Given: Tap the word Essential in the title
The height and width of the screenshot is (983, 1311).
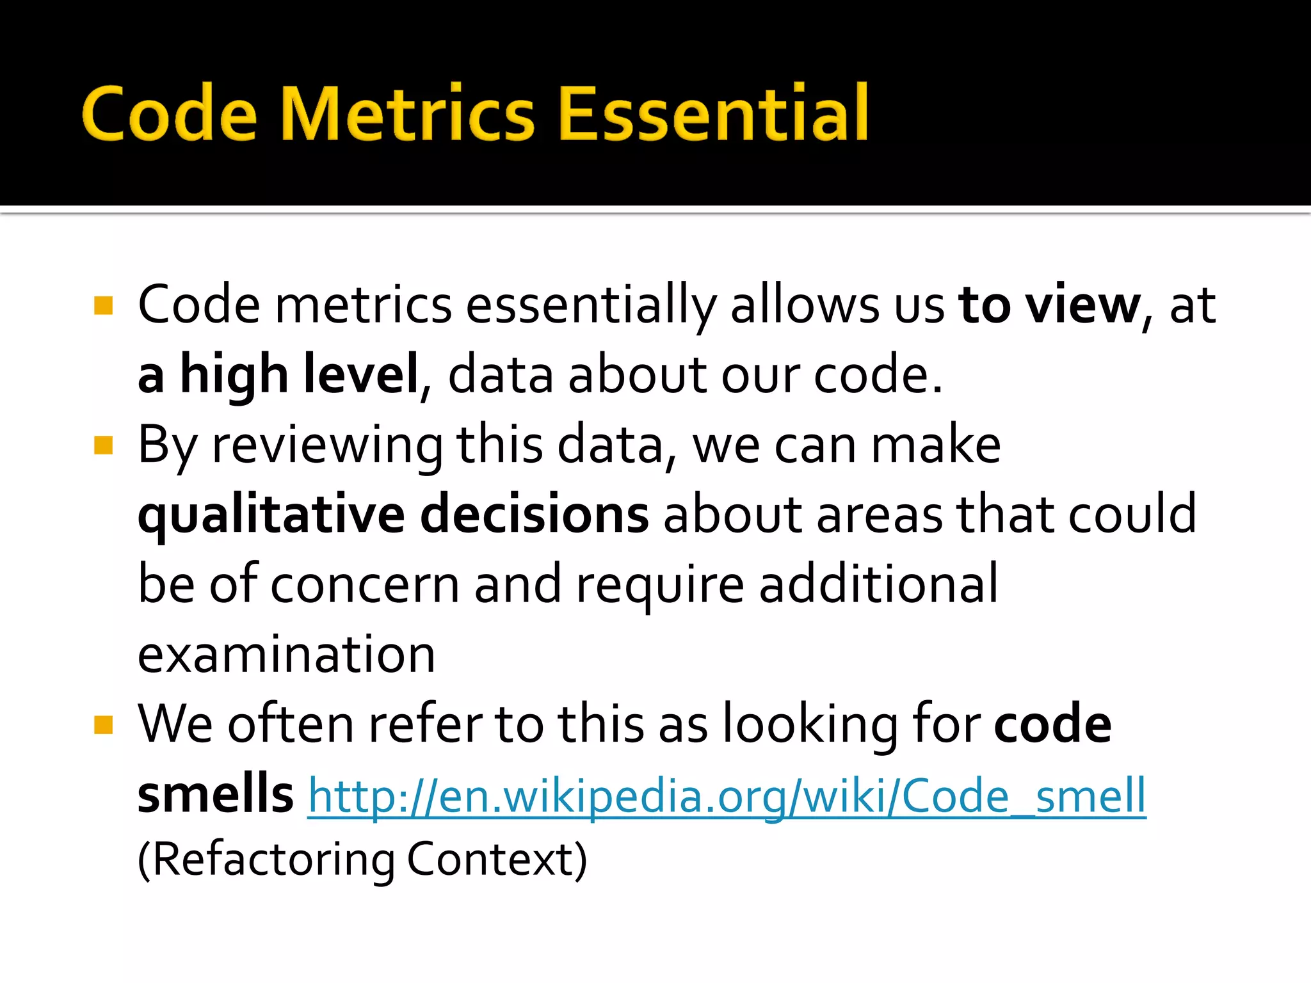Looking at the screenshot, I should [713, 114].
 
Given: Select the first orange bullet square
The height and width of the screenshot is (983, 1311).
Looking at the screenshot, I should [103, 305].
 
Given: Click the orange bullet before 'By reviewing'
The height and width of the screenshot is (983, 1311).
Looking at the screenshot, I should [103, 445].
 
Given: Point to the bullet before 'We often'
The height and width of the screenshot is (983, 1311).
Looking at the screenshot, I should [103, 724].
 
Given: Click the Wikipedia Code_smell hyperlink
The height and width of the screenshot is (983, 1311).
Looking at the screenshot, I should [727, 795].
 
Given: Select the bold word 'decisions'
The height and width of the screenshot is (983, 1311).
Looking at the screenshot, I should [535, 514].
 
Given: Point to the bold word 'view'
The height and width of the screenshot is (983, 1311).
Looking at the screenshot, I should [1083, 305].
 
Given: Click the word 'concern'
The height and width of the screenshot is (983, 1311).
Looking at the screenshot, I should [365, 584].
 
